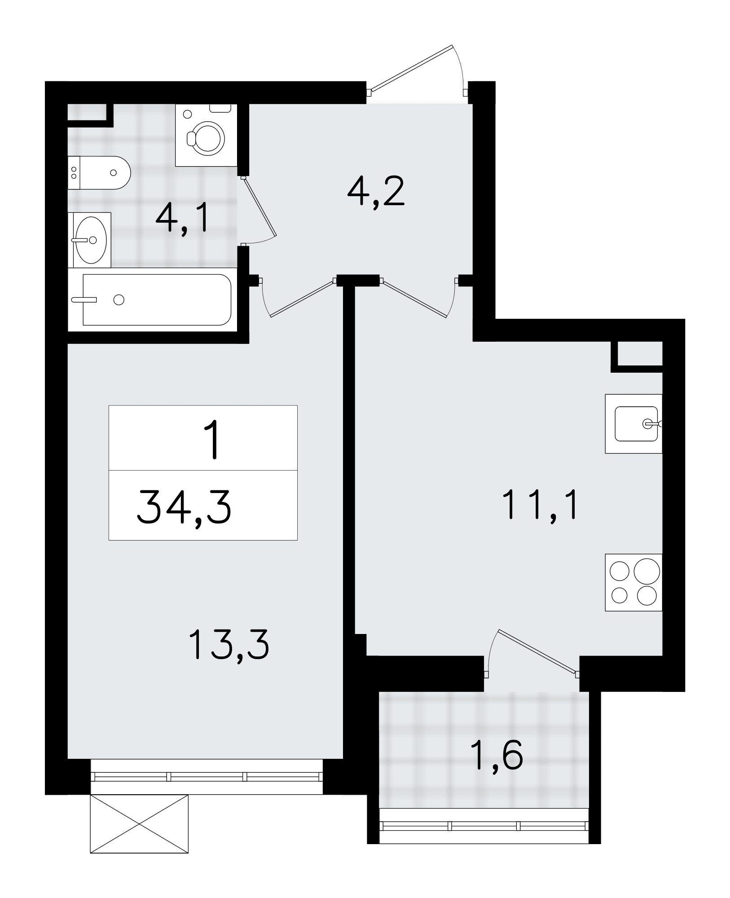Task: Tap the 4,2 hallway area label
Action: tap(376, 191)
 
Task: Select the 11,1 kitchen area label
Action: tap(540, 505)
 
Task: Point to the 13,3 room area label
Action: tap(229, 644)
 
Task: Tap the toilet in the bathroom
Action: tap(99, 173)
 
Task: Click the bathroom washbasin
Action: tap(89, 240)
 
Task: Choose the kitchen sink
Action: tap(633, 423)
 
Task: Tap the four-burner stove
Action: tap(633, 582)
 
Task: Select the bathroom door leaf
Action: tap(259, 206)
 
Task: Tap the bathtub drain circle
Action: tap(119, 299)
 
